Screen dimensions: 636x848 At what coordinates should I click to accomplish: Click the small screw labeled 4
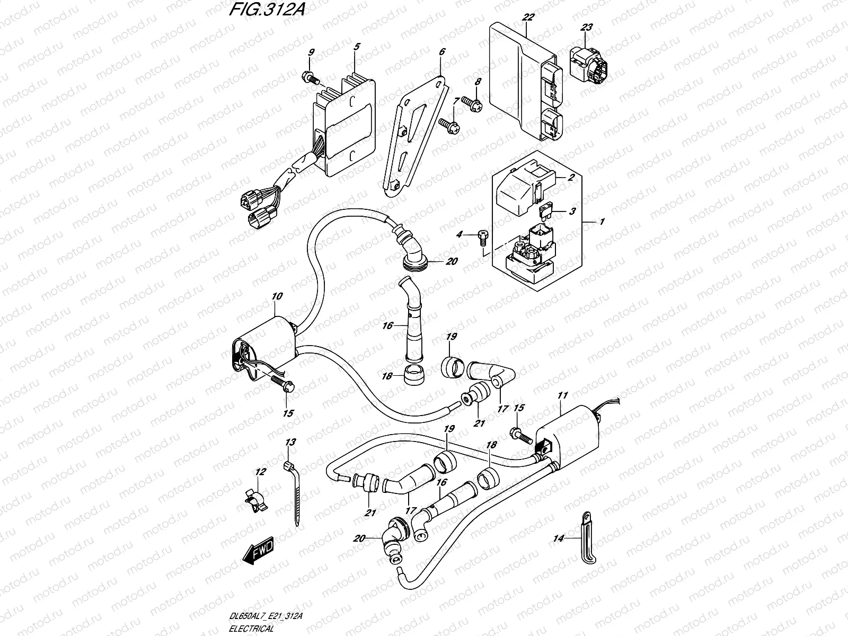pos(482,236)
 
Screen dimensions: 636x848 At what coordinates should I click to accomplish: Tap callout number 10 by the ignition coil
pos(278,297)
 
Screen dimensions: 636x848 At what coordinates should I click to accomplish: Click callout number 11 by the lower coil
pos(562,396)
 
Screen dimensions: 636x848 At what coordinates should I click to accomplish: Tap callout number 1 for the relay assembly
pos(602,223)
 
